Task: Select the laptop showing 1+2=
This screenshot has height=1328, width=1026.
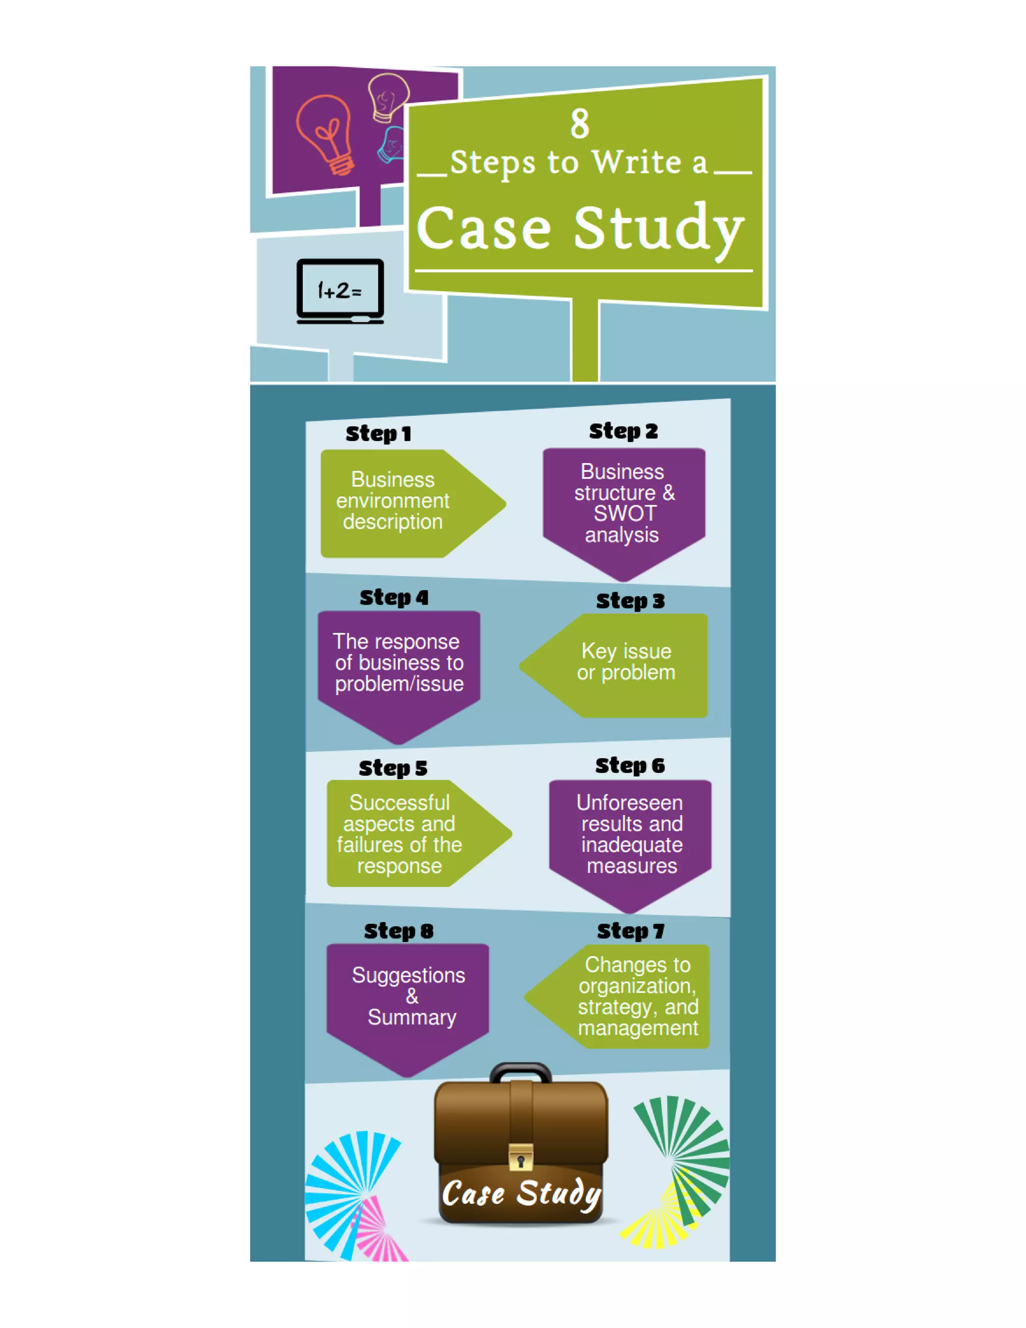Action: [x=340, y=291]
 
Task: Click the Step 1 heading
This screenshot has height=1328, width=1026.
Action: [x=378, y=433]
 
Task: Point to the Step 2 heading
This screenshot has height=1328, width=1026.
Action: [x=623, y=431]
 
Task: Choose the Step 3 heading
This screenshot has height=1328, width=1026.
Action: [x=630, y=601]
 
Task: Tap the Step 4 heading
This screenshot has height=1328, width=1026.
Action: [x=394, y=597]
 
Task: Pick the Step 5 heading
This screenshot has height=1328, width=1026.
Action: [x=393, y=768]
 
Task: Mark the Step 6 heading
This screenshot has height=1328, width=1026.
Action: [x=630, y=766]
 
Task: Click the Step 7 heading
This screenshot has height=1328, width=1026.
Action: [x=630, y=931]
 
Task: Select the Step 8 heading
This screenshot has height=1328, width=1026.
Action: [x=399, y=931]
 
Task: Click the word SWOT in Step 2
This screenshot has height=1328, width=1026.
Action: [x=625, y=514]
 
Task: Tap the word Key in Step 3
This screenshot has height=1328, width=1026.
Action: [x=599, y=651]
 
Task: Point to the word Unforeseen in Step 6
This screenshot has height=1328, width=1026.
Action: [x=630, y=803]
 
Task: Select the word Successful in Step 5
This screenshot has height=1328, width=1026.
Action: [x=399, y=803]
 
